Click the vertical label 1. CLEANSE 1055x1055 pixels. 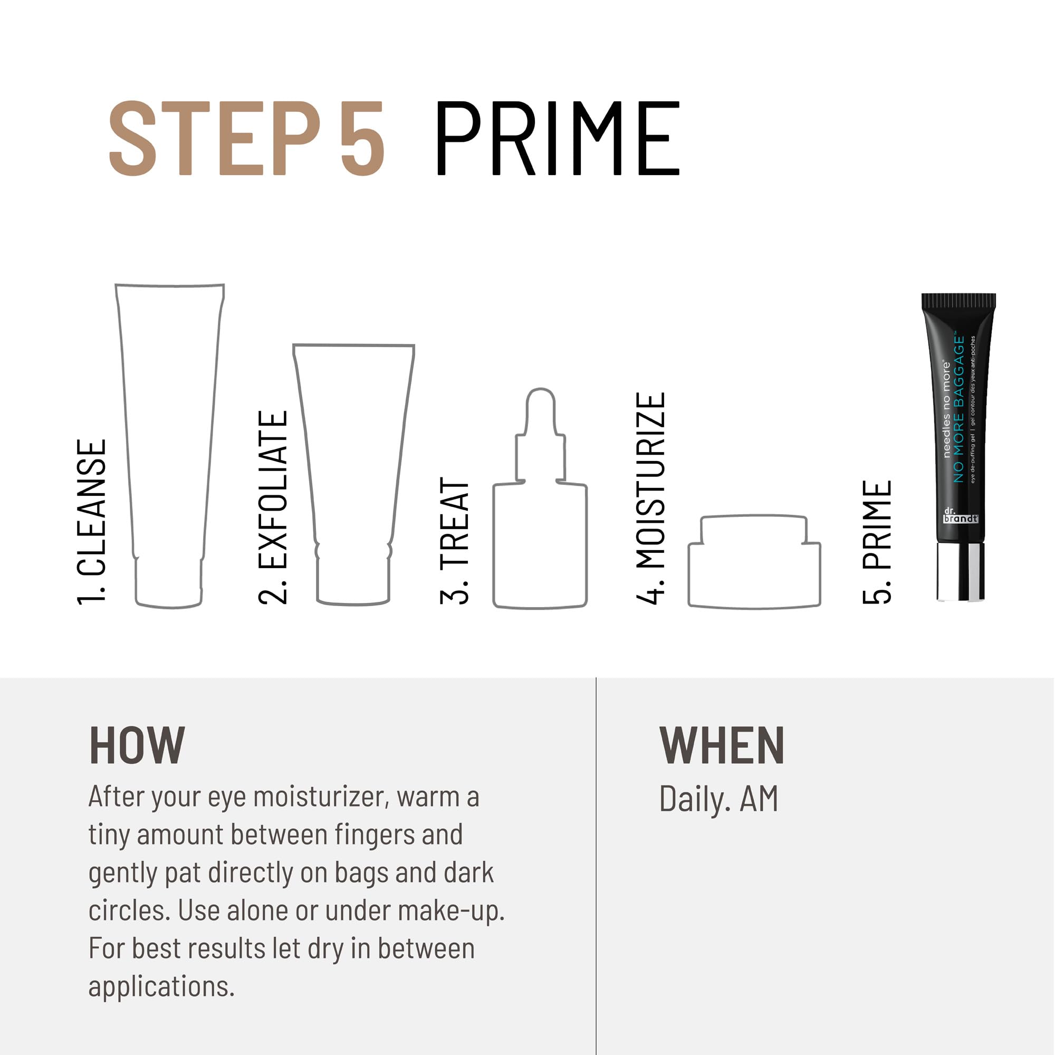(91, 522)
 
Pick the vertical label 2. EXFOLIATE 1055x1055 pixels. (273, 507)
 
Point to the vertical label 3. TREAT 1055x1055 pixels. (454, 541)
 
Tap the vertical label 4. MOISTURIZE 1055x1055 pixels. (651, 498)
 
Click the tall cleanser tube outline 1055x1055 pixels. (169, 437)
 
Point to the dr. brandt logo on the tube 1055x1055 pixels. (960, 516)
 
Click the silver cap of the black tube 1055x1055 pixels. (961, 572)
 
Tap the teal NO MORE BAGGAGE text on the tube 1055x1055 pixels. (959, 409)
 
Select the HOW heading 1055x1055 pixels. (137, 746)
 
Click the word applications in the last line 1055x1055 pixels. (161, 987)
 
